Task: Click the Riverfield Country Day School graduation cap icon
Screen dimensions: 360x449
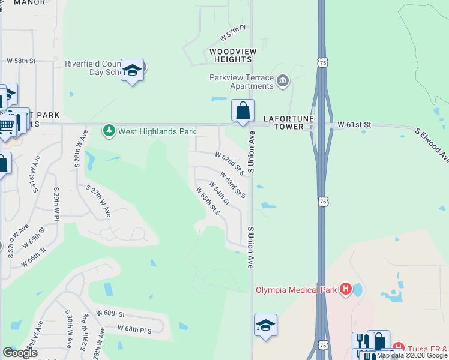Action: [132, 71]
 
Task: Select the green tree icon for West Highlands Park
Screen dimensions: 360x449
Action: [109, 131]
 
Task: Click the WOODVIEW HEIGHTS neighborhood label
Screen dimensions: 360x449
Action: [231, 55]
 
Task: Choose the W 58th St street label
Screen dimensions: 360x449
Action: [21, 61]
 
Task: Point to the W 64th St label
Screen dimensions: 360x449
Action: [219, 192]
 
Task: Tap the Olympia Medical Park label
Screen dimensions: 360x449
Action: [297, 290]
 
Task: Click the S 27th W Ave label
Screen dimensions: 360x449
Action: [98, 201]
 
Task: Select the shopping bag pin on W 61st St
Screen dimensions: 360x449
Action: [243, 111]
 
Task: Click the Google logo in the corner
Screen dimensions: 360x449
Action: [20, 353]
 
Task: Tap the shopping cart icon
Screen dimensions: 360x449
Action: [7, 126]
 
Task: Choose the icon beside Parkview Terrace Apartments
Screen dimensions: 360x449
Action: [283, 79]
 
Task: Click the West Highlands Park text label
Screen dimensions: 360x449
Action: [157, 131]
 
